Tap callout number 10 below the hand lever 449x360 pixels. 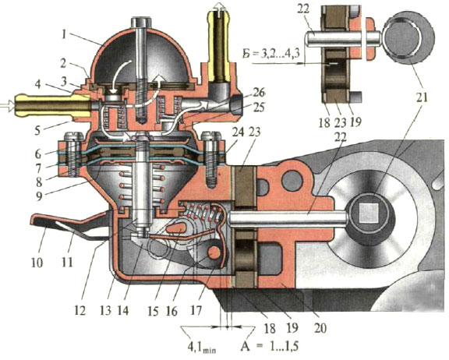(37, 262)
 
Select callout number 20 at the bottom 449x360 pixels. (320, 328)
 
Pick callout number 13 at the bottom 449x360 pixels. (106, 310)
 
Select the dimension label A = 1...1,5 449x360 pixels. (270, 346)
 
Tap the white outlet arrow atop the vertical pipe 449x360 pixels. (220, 5)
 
